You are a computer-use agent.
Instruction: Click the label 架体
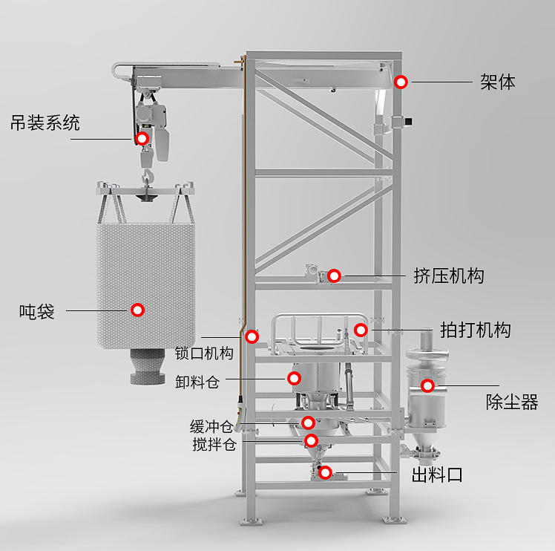point(497,82)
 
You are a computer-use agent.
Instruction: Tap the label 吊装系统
point(45,123)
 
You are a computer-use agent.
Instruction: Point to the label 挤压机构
point(448,276)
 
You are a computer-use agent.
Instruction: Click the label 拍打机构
point(475,330)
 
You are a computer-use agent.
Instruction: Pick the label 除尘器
point(512,402)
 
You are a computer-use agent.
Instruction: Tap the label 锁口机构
point(204,353)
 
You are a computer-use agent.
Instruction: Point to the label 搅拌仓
point(214,445)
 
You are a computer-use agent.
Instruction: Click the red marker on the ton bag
point(137,310)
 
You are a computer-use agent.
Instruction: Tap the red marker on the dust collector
point(427,385)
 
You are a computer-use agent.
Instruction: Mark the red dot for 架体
point(401,82)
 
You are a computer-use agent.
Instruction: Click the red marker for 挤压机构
point(334,276)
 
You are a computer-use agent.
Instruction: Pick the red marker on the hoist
point(142,138)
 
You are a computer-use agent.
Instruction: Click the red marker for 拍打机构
point(361,330)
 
